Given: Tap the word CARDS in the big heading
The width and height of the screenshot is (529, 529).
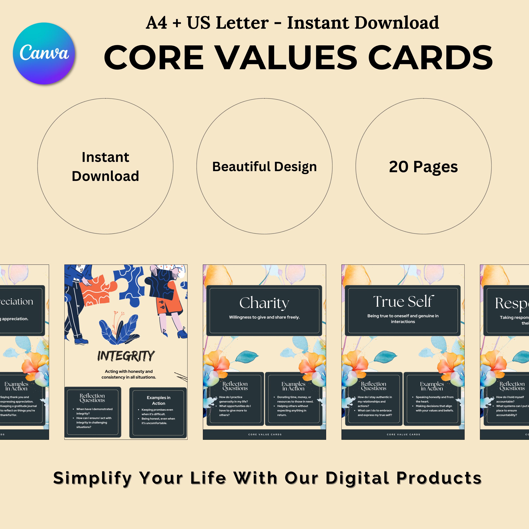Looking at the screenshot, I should tap(430, 57).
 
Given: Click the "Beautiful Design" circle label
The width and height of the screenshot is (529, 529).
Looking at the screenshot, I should tap(264, 166).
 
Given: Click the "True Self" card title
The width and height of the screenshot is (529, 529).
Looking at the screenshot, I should tap(403, 302).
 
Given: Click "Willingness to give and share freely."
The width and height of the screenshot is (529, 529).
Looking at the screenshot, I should tap(264, 317).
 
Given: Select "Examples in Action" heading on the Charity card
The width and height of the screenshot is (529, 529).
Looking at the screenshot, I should tap(293, 386).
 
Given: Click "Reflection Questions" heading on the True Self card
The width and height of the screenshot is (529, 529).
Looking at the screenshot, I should tap(373, 386).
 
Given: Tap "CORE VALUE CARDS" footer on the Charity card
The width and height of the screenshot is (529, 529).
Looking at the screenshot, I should tap(265, 434).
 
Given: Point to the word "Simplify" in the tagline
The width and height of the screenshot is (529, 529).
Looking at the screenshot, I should tap(93, 478).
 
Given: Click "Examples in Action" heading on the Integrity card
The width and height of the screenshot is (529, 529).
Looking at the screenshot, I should tap(159, 400).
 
